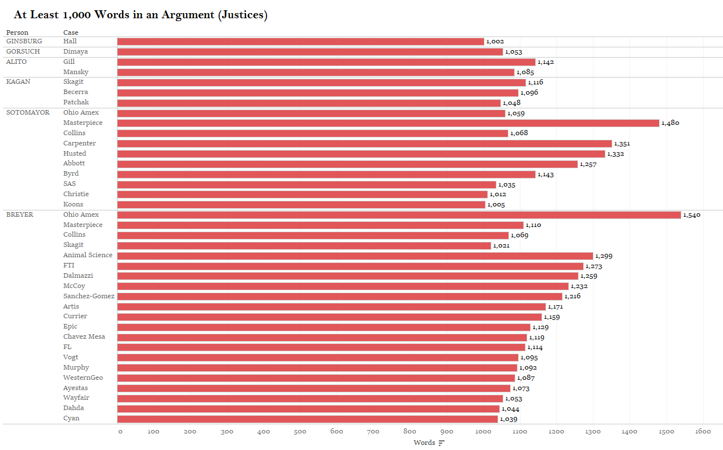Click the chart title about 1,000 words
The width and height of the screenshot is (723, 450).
point(140,15)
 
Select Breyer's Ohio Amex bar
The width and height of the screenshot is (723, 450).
point(399,215)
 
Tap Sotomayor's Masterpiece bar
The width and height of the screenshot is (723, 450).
point(388,123)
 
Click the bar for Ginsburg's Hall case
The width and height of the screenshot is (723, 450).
point(300,42)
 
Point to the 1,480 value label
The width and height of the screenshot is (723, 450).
point(671,123)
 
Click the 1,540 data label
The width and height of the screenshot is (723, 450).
point(692,215)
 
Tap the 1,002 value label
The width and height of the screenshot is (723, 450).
point(495,42)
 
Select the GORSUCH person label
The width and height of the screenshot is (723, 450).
point(23,51)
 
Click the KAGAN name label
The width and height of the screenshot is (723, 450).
point(18,82)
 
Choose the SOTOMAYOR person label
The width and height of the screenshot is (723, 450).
point(28,112)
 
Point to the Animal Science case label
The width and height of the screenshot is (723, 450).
point(88,255)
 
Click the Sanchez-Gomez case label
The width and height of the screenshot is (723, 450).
point(88,296)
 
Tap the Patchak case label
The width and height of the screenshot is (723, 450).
point(76,102)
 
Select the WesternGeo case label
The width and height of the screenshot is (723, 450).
point(83,378)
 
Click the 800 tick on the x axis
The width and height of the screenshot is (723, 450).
point(410,432)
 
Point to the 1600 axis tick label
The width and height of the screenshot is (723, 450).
point(702,432)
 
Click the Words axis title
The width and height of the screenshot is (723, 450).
point(424,443)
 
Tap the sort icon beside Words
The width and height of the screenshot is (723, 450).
point(441,443)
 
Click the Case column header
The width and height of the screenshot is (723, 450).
point(71,33)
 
